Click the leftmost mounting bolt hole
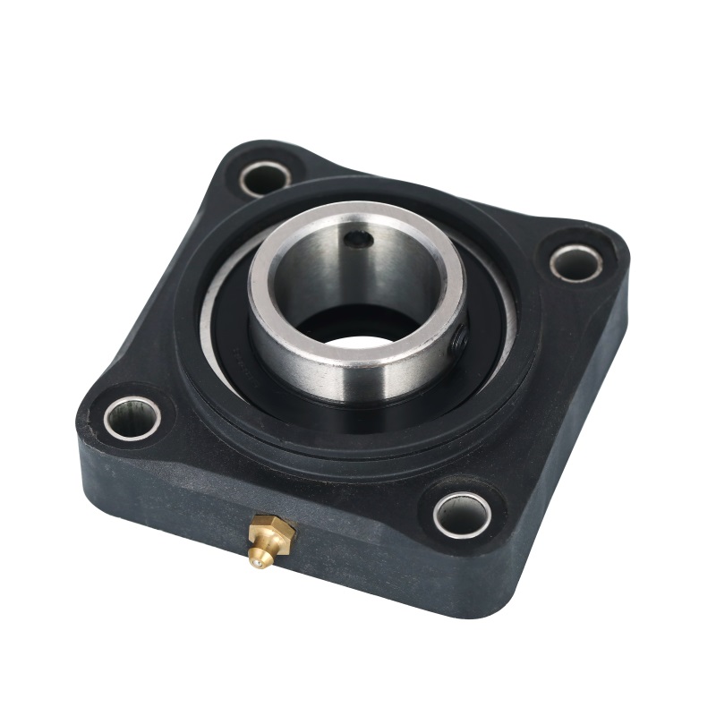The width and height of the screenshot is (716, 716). click(132, 417)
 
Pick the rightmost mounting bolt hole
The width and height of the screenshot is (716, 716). click(575, 262)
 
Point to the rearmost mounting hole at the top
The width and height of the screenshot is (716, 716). click(265, 177)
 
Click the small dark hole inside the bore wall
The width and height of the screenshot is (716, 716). click(360, 239)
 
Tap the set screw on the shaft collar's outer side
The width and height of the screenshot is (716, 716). click(457, 339)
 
